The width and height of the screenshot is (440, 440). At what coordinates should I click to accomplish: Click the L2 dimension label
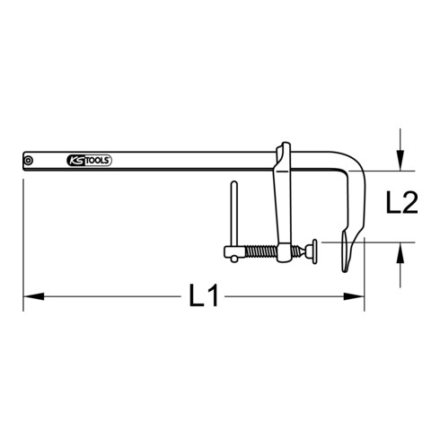tap(402, 205)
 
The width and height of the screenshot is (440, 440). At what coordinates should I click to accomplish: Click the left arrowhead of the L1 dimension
tap(30, 295)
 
